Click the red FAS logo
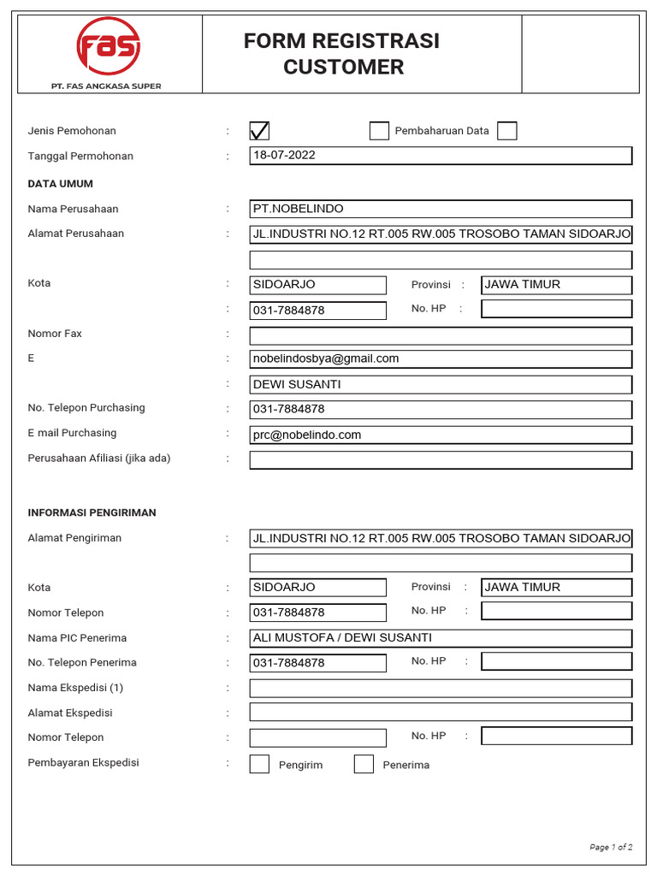pos(108,46)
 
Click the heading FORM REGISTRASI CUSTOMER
pos(342,54)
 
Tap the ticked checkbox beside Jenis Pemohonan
pos(259,131)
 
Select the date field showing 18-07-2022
pos(441,156)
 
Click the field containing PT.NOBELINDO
pos(441,209)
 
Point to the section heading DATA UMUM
pos(61,184)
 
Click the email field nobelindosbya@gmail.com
pos(441,359)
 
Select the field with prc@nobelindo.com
pos(441,435)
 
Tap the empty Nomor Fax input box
pos(441,335)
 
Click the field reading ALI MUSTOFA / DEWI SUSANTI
pos(441,638)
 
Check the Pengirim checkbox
pos(259,764)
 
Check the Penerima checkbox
pos(364,764)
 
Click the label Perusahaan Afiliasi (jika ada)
pos(99,459)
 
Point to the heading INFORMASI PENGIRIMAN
pos(92,512)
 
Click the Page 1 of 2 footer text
pos(611,847)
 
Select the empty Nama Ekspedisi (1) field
pos(441,689)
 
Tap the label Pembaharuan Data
pos(441,131)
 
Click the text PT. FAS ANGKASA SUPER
pos(106,86)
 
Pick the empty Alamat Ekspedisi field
pos(441,712)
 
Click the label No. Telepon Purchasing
pos(86,408)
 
